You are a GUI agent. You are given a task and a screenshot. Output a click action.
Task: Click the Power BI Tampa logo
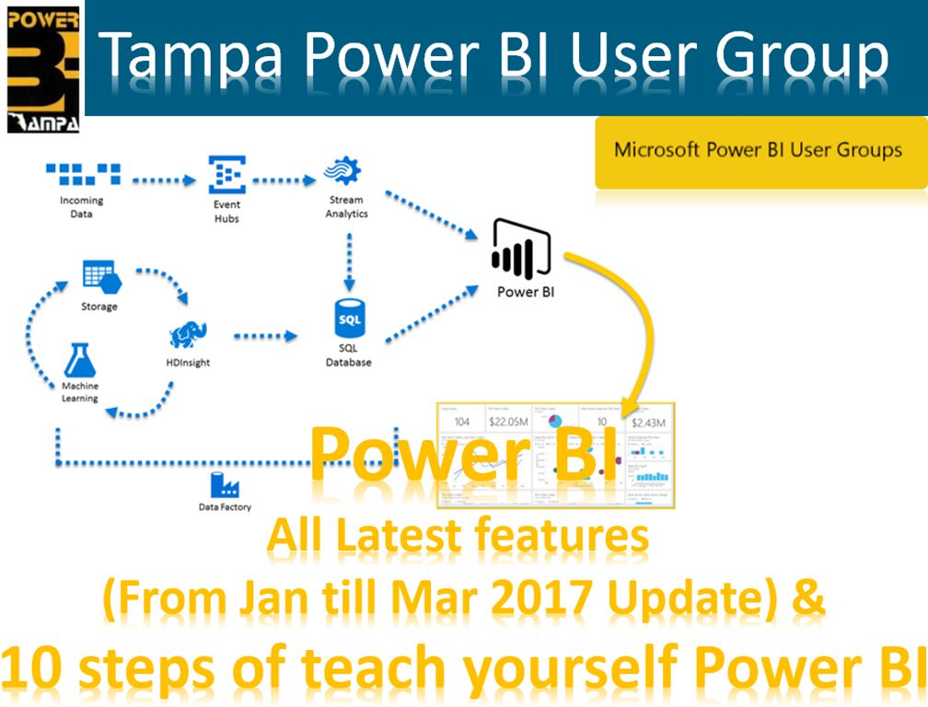pos(42,68)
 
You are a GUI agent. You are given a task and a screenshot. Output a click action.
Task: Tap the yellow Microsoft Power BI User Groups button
pos(758,150)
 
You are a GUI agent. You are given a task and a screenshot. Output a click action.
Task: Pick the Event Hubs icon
pos(226,174)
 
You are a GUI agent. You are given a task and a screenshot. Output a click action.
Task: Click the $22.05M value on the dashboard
pos(509,421)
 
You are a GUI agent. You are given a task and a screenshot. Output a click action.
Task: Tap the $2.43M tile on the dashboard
pos(650,422)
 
